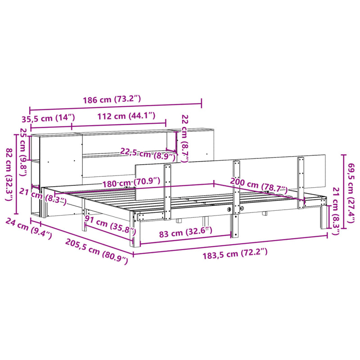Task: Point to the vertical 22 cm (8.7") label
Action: [x=184, y=138]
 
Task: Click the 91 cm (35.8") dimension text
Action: [x=110, y=225]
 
